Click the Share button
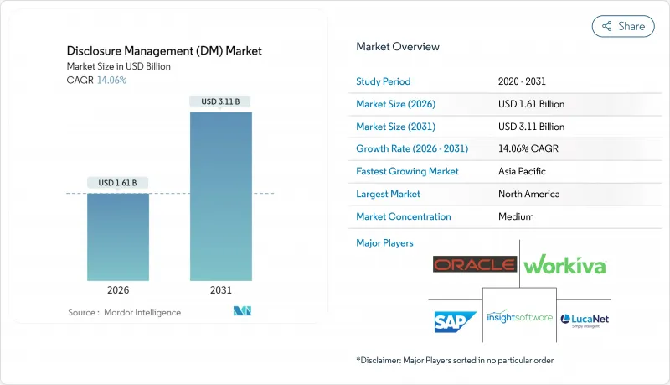coord(623,26)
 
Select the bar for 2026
coord(118,237)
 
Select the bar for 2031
coord(221,196)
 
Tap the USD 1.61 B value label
coord(118,183)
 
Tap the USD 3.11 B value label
coord(221,101)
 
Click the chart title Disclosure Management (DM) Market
coord(164,51)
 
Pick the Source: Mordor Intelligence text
coord(124,312)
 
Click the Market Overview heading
coord(398,47)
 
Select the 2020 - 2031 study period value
coord(523,81)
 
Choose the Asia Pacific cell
coord(521,171)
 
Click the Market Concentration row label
coord(404,216)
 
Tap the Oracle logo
coord(474,265)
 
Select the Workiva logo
coord(564,266)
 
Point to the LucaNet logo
coord(585,320)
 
